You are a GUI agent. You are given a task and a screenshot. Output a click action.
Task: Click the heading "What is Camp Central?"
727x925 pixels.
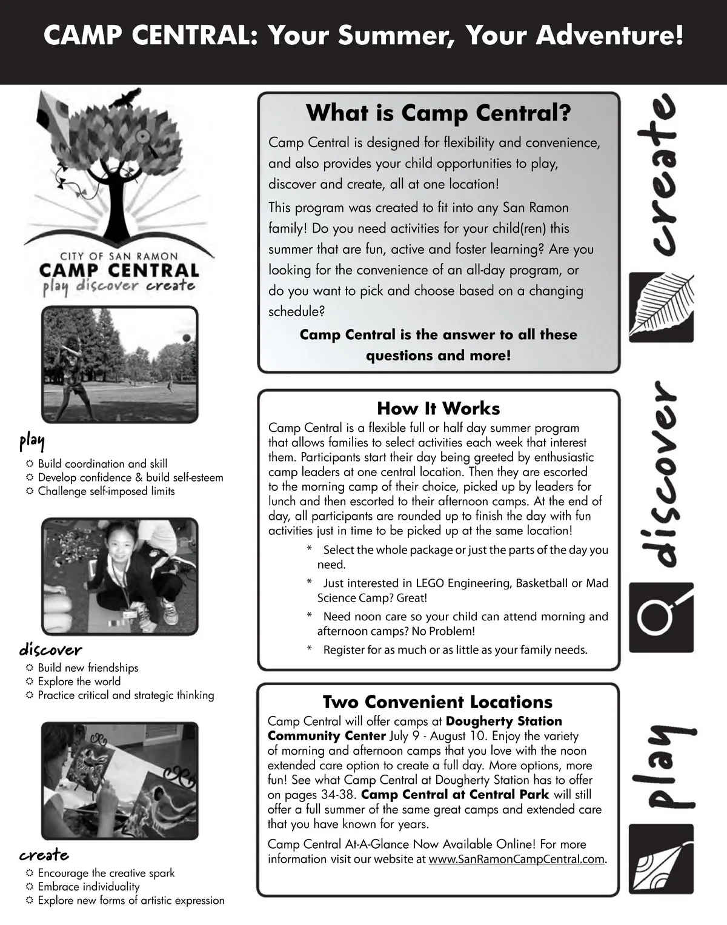click(439, 113)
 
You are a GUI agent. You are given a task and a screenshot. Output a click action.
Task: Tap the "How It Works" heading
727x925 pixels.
click(439, 408)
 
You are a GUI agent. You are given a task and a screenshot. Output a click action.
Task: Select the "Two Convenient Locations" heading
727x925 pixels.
click(437, 702)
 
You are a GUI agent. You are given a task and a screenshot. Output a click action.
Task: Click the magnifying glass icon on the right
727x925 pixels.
click(661, 617)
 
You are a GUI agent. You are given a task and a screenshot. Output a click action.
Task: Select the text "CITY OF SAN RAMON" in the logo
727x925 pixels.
click(119, 256)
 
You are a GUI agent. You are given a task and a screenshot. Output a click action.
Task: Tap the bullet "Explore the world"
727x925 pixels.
click(79, 681)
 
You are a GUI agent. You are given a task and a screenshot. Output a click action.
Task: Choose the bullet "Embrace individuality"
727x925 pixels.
click(88, 887)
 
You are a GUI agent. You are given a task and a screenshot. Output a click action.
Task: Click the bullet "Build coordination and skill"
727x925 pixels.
click(102, 464)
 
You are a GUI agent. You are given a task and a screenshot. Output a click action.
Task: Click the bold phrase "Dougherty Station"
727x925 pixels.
click(504, 721)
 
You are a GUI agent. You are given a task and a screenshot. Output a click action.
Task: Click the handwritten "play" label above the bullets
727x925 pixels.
click(32, 441)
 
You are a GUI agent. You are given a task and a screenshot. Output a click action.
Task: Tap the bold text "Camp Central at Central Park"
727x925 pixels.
click(455, 795)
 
